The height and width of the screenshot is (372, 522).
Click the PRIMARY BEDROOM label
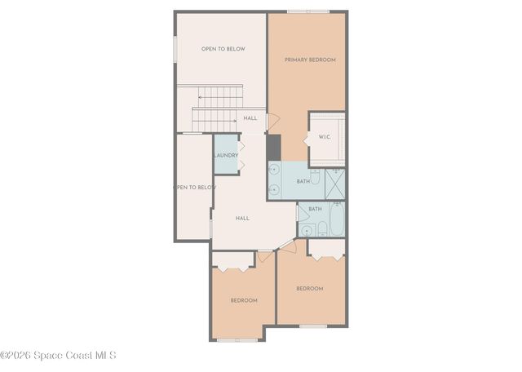tap(309, 60)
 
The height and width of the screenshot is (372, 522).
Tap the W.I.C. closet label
tap(324, 137)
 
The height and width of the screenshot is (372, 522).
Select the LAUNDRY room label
tap(226, 155)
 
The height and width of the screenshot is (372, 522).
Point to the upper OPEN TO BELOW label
tap(223, 49)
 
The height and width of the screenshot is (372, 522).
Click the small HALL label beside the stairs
tap(250, 118)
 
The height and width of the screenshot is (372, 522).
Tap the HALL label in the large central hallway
tap(242, 218)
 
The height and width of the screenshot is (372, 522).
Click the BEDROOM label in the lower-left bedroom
tap(243, 300)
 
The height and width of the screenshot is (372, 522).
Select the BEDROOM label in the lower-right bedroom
tap(309, 288)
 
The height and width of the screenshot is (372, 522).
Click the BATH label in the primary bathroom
tap(303, 181)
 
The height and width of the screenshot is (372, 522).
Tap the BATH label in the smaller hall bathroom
tap(315, 209)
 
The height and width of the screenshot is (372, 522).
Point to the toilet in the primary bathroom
tap(315, 176)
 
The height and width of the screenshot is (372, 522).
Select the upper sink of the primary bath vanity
tap(274, 170)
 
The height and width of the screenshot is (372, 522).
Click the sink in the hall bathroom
tap(307, 230)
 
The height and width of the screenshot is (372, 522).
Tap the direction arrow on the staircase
tap(201, 97)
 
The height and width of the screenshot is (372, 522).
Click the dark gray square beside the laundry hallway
tap(273, 147)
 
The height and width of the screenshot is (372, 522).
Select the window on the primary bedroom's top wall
tap(308, 11)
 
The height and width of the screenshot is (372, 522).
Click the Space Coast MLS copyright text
tap(58, 355)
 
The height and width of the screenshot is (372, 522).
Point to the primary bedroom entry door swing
tap(272, 121)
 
